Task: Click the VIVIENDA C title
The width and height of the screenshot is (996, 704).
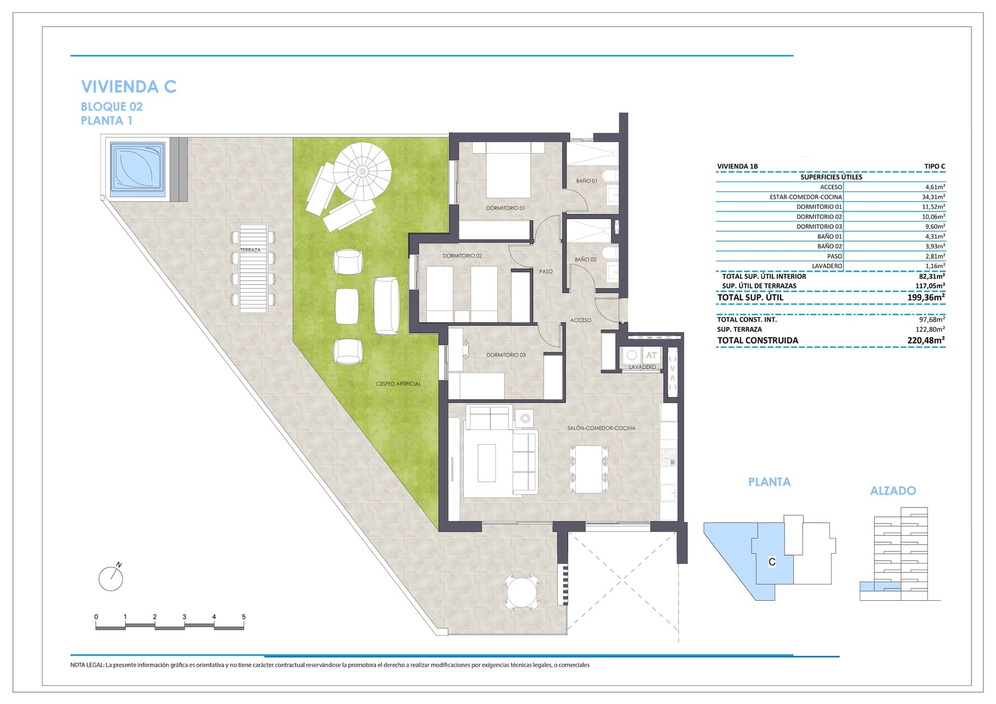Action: (129, 87)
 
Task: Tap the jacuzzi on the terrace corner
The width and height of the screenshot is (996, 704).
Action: (138, 169)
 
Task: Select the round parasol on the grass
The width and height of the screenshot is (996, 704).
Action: (362, 171)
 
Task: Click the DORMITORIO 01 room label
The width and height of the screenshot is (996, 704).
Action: (505, 208)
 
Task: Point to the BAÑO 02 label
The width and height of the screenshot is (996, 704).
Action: (586, 259)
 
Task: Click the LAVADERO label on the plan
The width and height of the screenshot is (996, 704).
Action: (642, 367)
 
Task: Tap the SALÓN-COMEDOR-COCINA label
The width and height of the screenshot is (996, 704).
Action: (601, 428)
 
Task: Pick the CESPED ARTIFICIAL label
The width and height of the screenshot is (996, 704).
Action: (398, 384)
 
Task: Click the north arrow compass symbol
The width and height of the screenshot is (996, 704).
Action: (110, 578)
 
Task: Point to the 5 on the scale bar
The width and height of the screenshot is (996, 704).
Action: (243, 617)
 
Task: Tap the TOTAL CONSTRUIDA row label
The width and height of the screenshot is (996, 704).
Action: (757, 340)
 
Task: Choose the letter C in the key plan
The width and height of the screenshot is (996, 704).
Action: (772, 562)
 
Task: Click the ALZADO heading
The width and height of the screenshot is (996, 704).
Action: (893, 491)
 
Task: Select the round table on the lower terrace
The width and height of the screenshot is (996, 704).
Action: (521, 592)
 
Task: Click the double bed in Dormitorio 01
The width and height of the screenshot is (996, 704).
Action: (508, 171)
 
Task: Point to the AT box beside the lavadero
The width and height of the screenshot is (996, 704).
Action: (651, 355)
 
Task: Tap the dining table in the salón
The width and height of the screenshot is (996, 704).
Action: (588, 469)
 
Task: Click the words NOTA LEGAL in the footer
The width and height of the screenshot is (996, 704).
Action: (87, 665)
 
